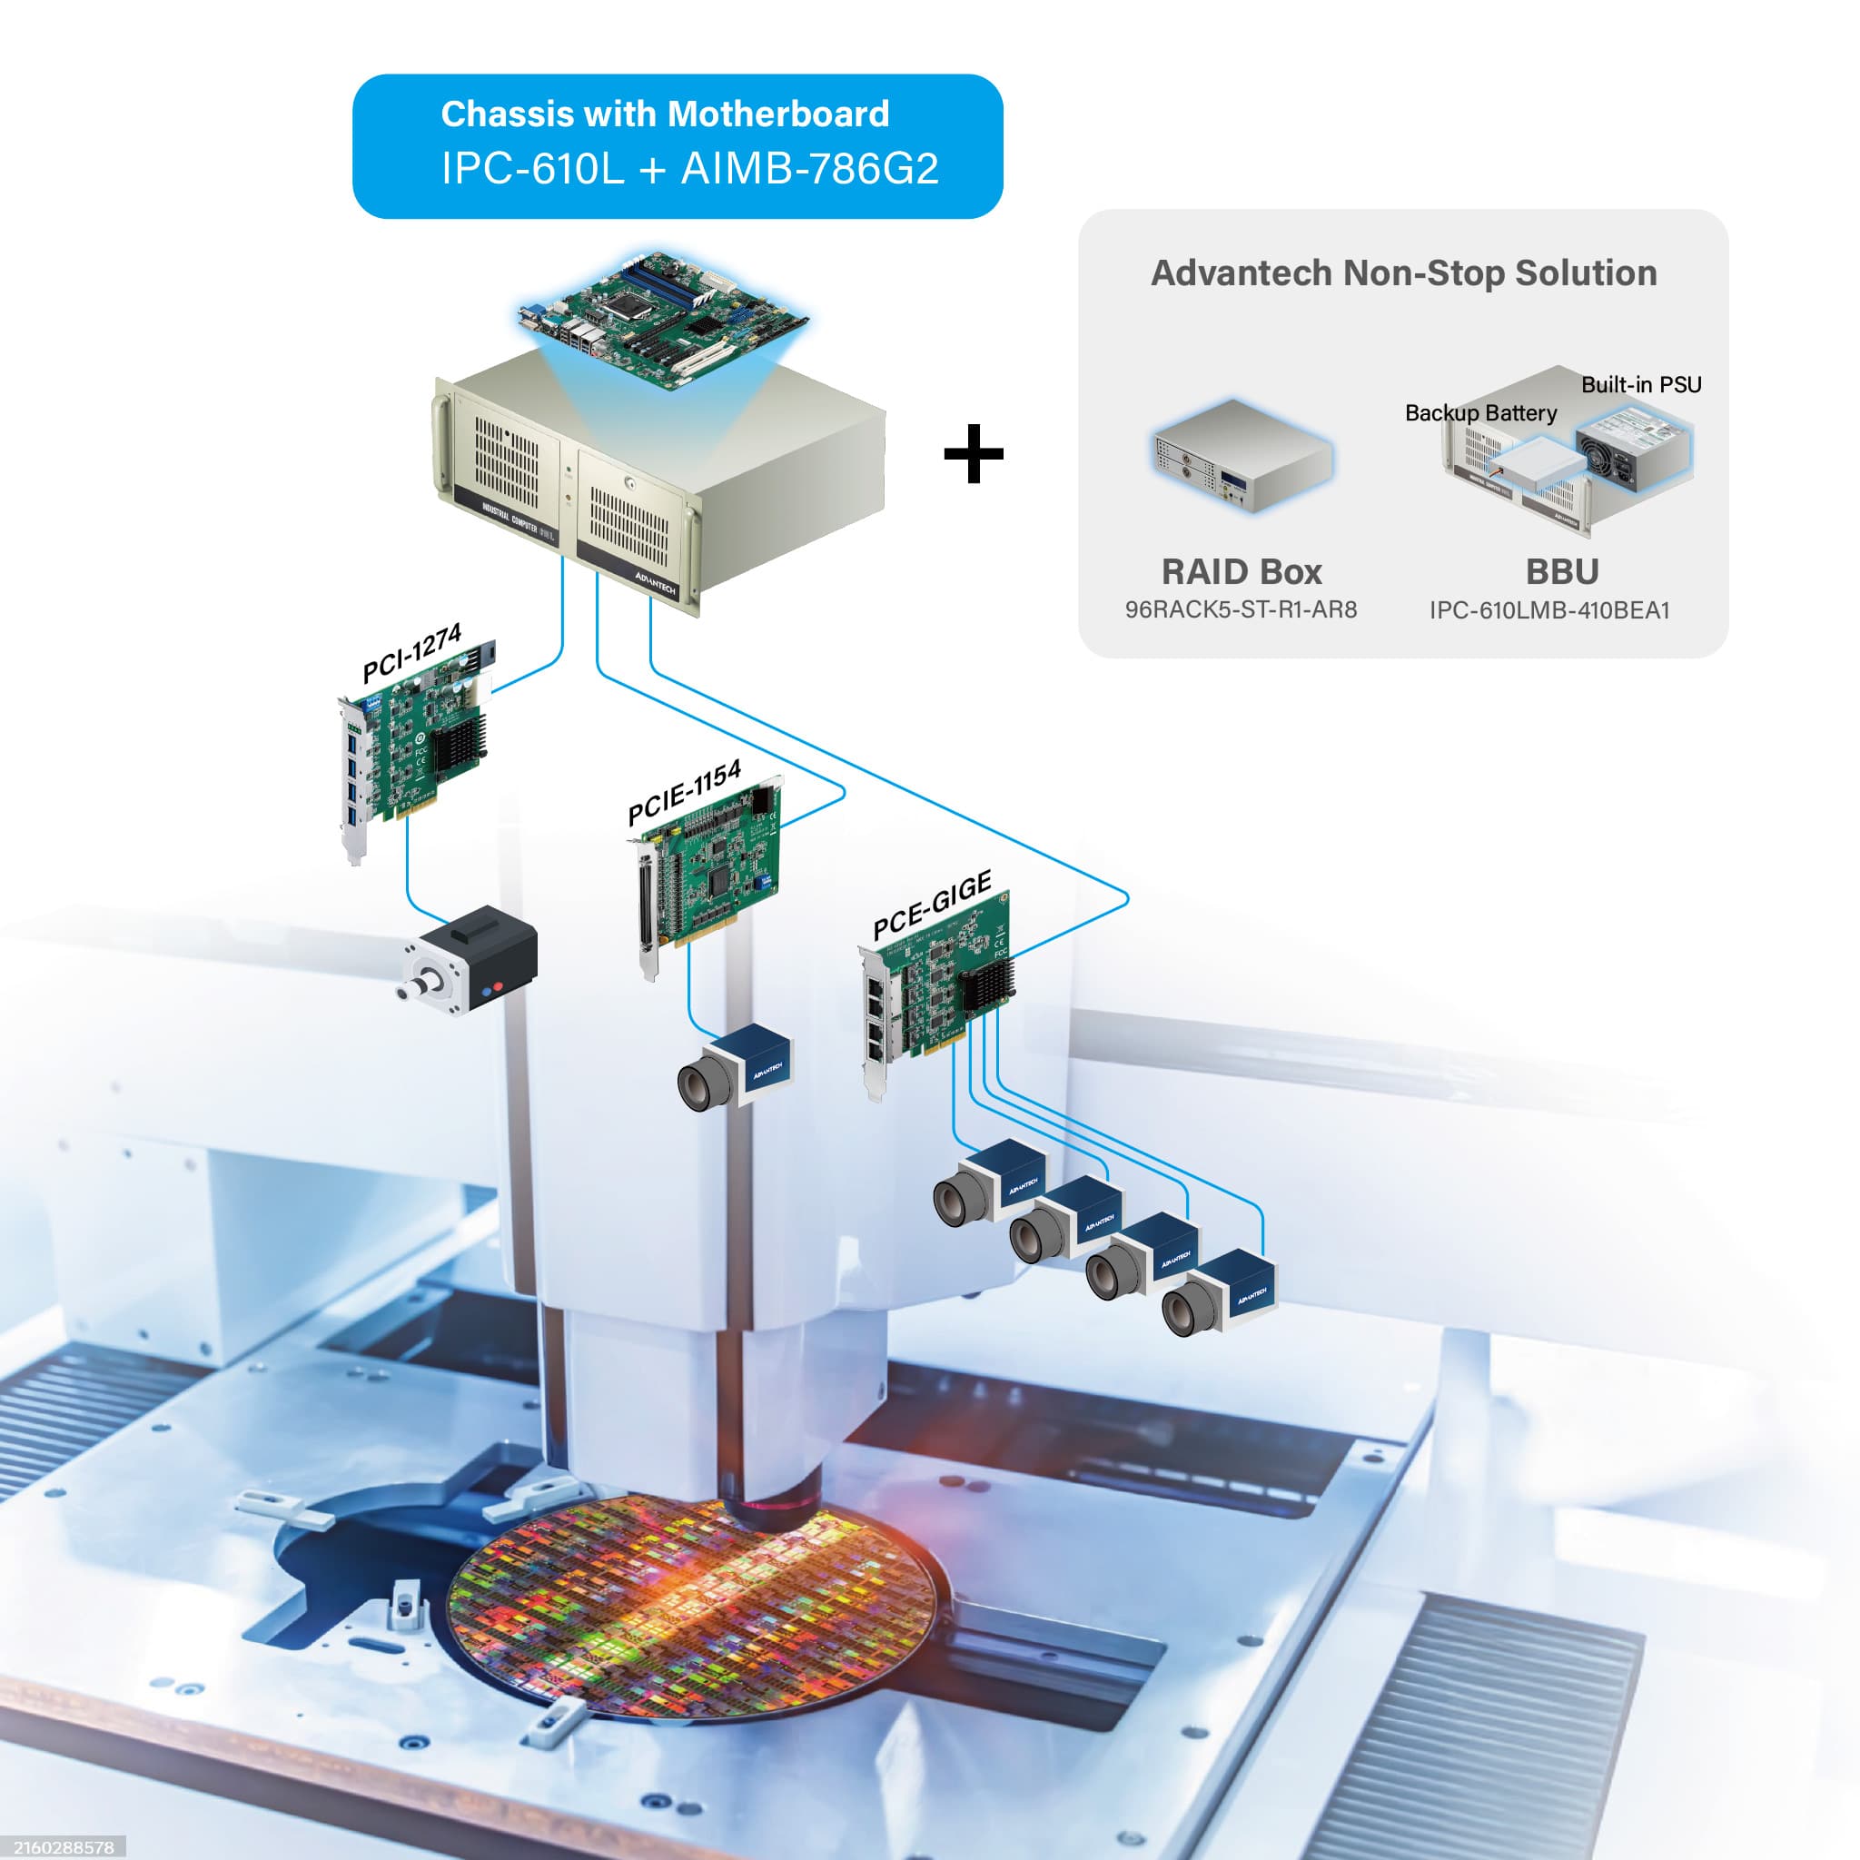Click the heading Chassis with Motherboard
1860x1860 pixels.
pyautogui.click(x=664, y=114)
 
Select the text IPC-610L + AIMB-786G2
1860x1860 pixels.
pyautogui.click(x=689, y=170)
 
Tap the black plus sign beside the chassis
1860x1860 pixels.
pyautogui.click(x=974, y=453)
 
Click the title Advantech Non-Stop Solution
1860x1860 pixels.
pyautogui.click(x=1404, y=273)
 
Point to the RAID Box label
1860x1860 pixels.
pyautogui.click(x=1241, y=572)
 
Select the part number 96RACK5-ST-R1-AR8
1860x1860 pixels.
pyautogui.click(x=1241, y=609)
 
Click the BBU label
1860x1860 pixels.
pyautogui.click(x=1561, y=572)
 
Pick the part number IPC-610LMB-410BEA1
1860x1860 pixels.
pyautogui.click(x=1549, y=610)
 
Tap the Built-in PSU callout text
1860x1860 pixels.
pyautogui.click(x=1640, y=385)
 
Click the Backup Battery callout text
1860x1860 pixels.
pyautogui.click(x=1480, y=413)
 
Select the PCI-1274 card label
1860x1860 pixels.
pyautogui.click(x=411, y=654)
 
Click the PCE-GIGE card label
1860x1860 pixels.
pyautogui.click(x=931, y=905)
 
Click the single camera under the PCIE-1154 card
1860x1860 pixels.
pyautogui.click(x=737, y=1067)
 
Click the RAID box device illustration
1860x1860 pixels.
pyautogui.click(x=1242, y=454)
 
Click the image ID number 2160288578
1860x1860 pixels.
pyautogui.click(x=63, y=1847)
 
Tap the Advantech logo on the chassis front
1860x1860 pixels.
pyautogui.click(x=655, y=581)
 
